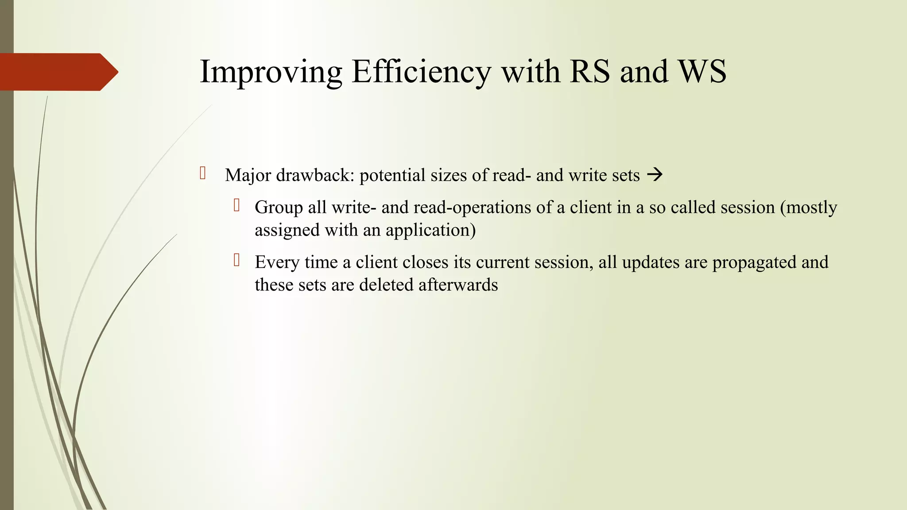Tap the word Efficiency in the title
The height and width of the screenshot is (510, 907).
421,72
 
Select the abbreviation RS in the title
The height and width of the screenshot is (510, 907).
590,72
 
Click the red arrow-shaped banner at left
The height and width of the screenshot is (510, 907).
58,72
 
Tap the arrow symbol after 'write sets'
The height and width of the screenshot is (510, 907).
655,175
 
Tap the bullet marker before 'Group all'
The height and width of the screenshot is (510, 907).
237,205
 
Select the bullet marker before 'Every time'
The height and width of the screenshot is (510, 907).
237,260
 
